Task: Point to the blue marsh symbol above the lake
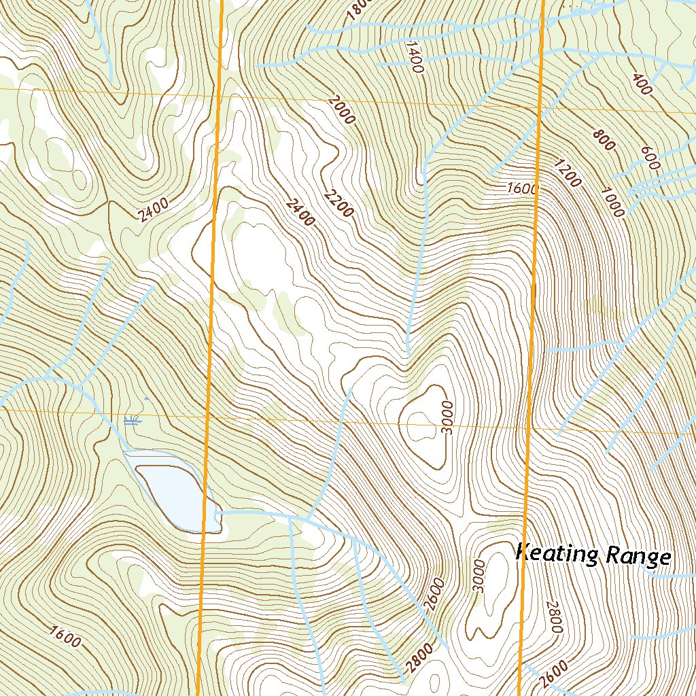click(133, 421)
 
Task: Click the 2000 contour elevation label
click(341, 109)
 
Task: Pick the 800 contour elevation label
click(603, 139)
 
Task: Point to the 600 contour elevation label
click(650, 158)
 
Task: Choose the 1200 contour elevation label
click(567, 173)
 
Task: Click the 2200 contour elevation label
click(338, 202)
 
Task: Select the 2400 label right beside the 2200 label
click(300, 211)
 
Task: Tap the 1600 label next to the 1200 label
click(522, 188)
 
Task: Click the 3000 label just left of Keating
click(480, 575)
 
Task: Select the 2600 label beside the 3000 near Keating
click(436, 594)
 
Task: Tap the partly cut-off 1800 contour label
click(356, 9)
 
